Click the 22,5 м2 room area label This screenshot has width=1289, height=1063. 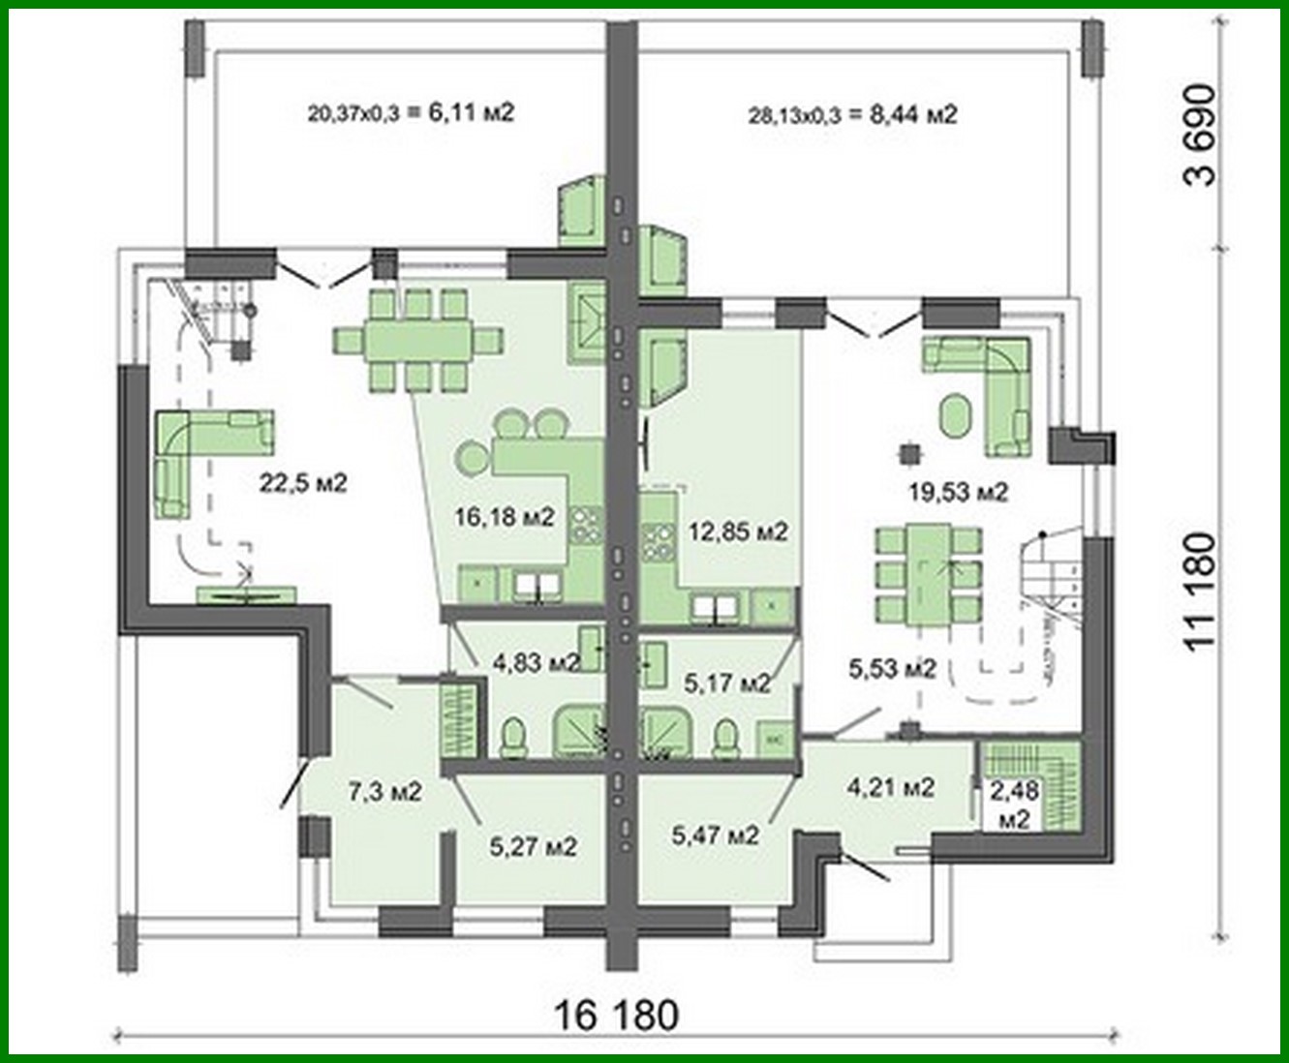pos(302,481)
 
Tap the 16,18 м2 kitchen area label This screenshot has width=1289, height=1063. pos(505,517)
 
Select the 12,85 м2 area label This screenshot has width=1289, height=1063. pos(738,531)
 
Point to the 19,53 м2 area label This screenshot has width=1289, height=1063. pos(958,492)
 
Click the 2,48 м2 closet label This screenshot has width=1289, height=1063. pos(1014,805)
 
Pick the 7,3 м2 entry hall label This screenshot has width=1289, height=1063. pos(384,792)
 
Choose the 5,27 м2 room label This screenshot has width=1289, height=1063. pos(533,846)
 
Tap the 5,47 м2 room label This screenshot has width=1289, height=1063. pos(715,833)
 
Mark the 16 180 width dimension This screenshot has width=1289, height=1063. pos(616,1016)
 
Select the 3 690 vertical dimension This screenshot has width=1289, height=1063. pos(1200,136)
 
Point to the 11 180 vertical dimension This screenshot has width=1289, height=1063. pos(1200,592)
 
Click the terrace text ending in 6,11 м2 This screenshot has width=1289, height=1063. pos(411,113)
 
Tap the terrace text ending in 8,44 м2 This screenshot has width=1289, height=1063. pos(852,115)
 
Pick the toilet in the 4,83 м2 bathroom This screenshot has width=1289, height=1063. pos(513,738)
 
